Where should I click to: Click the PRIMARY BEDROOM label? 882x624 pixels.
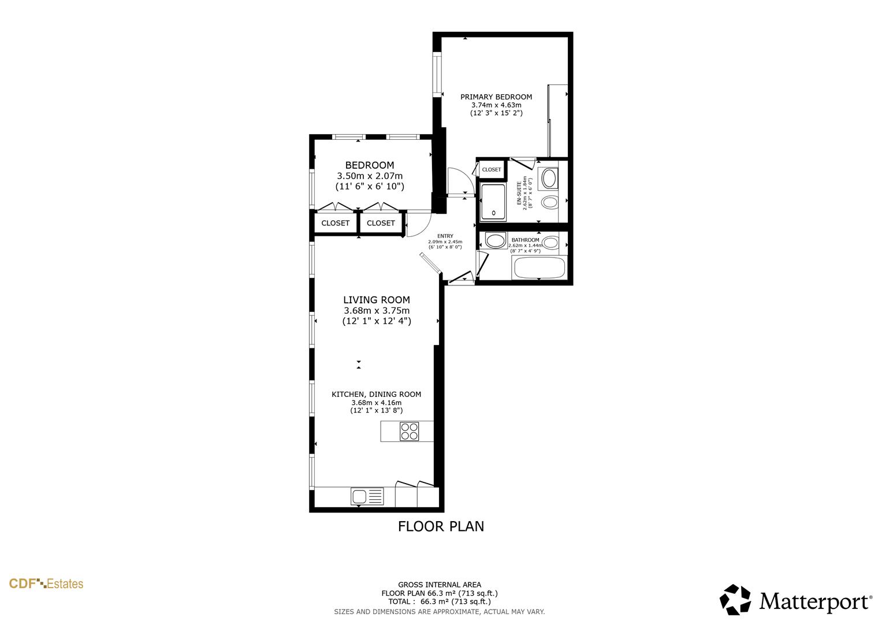[x=496, y=97]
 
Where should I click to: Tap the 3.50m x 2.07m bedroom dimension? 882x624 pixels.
[x=370, y=176]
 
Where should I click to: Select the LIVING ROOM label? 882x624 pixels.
[x=377, y=300]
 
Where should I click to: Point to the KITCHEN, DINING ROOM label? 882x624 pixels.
[x=376, y=395]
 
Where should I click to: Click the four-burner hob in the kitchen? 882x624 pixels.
[x=410, y=432]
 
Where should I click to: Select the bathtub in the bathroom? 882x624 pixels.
[x=539, y=268]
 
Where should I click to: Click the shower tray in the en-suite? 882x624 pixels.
[x=493, y=202]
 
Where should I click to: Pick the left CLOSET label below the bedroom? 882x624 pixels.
[x=335, y=223]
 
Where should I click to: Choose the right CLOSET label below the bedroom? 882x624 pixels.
[x=381, y=223]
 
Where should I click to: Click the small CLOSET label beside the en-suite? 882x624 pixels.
[x=492, y=170]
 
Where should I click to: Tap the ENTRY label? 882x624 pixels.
[x=445, y=236]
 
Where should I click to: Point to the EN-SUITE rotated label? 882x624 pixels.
[x=518, y=193]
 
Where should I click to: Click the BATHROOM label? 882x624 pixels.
[x=525, y=240]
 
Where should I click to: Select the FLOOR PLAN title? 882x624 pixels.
[x=441, y=526]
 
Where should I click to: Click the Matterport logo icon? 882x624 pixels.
[x=735, y=600]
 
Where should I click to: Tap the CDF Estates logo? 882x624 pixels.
[x=46, y=584]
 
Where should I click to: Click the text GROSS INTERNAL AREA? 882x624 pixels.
[x=439, y=585]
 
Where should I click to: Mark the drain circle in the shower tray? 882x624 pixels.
[x=493, y=213]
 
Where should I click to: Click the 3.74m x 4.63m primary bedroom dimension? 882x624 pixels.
[x=496, y=105]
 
